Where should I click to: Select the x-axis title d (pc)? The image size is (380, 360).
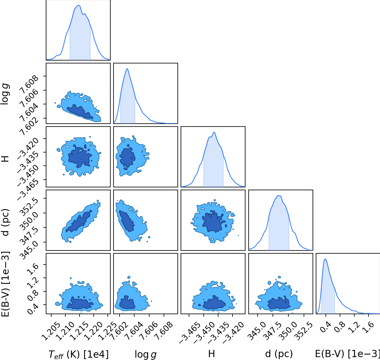(x=279, y=354)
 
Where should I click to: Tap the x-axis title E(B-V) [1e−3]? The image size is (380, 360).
(x=347, y=354)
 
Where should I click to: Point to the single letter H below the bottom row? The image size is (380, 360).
(x=211, y=354)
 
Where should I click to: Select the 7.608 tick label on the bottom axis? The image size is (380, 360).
(x=164, y=331)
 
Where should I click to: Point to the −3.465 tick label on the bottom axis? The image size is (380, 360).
(x=188, y=333)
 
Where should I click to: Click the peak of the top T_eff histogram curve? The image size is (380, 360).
(x=79, y=5)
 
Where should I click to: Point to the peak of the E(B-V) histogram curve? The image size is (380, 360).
(x=325, y=259)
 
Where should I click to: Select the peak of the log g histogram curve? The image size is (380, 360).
(x=127, y=69)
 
